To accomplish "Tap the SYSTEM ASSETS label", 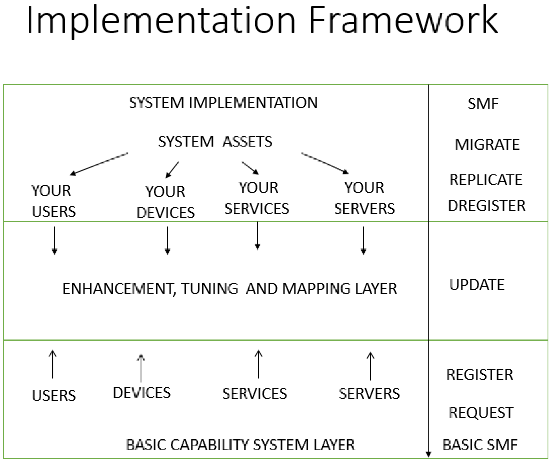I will pyautogui.click(x=215, y=142).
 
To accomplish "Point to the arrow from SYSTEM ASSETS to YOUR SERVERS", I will pyautogui.click(x=325, y=163).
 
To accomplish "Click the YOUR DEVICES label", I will pyautogui.click(x=165, y=202).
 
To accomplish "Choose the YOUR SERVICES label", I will pyautogui.click(x=257, y=198).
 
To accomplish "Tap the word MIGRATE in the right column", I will pyautogui.click(x=487, y=144).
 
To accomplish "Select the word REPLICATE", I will pyautogui.click(x=486, y=180).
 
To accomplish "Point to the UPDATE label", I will pyautogui.click(x=477, y=285).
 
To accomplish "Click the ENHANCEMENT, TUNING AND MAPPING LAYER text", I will pyautogui.click(x=230, y=289).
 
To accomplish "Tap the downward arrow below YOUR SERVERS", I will pyautogui.click(x=364, y=240).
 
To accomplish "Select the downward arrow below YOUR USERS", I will pyautogui.click(x=55, y=240).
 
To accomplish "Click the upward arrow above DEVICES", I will pyautogui.click(x=141, y=368).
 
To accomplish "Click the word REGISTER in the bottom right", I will pyautogui.click(x=480, y=375).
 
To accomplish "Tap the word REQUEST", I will pyautogui.click(x=481, y=412).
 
